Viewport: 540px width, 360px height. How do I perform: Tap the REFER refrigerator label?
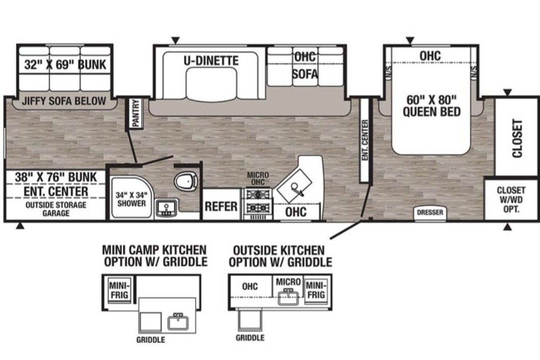(221, 207)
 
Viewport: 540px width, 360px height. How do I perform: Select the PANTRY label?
(136, 113)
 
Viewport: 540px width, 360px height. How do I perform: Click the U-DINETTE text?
(211, 61)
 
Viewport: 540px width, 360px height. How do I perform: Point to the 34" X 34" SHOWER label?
(131, 199)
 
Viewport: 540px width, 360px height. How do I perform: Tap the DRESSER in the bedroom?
(430, 213)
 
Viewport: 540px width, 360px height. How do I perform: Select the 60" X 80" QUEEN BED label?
(431, 106)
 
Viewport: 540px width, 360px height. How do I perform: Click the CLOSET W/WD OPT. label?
(511, 199)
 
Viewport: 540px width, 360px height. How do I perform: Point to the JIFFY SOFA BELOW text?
(64, 101)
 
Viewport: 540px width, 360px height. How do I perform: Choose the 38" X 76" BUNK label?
(56, 177)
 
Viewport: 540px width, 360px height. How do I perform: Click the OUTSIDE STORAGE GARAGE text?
(56, 209)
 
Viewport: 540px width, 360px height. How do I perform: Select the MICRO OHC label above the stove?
(258, 178)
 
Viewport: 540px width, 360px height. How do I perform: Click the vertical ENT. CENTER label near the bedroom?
(365, 140)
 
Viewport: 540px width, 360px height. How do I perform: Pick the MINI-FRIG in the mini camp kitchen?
(119, 290)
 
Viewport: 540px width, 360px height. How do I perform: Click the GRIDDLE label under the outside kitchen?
(250, 338)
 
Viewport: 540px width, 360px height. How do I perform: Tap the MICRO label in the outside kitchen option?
(288, 282)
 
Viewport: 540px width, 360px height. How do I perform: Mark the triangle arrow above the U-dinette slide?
(175, 41)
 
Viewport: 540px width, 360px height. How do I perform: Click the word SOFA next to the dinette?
(305, 74)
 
